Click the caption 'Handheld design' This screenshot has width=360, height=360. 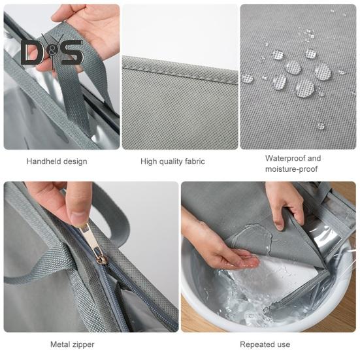pos(56,161)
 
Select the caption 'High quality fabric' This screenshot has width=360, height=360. pos(172,161)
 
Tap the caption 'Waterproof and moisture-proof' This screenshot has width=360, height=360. pos(293,163)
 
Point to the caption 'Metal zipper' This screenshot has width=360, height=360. pos(72,344)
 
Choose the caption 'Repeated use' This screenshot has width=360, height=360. pos(265,344)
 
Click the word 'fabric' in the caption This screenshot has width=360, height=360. pos(192,161)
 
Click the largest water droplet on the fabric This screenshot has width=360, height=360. pos(304,88)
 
